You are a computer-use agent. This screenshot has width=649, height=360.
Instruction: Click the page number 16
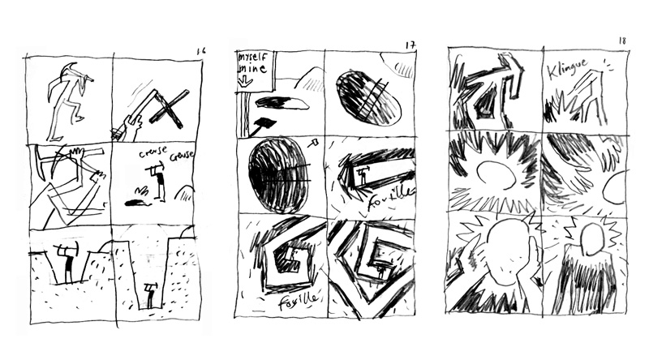click(x=200, y=50)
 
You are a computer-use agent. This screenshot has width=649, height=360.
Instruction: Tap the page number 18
click(x=622, y=40)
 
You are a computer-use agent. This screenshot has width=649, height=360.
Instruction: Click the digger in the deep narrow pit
click(x=149, y=294)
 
